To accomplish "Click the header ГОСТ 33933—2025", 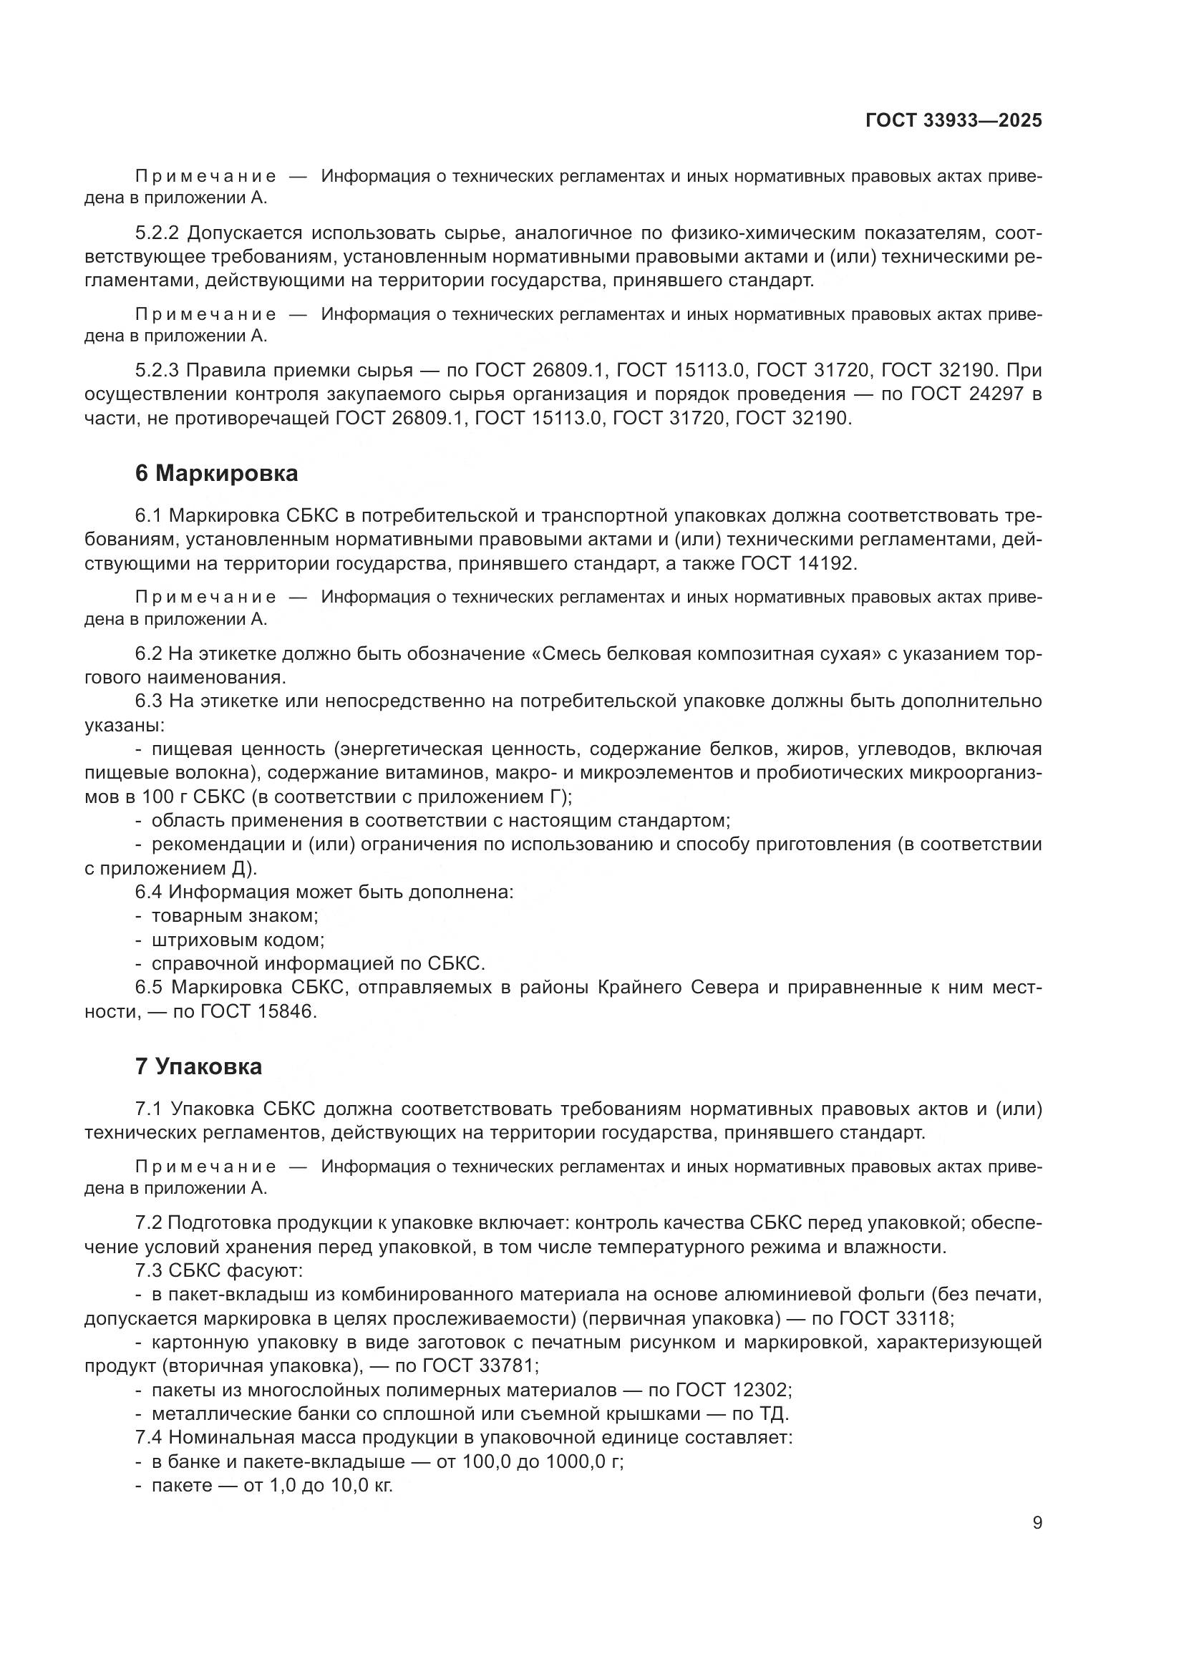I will pos(953,121).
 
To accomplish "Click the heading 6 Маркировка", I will pos(216,474).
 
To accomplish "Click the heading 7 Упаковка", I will pos(198,1066).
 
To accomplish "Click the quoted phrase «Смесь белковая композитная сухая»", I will pos(702,654).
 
